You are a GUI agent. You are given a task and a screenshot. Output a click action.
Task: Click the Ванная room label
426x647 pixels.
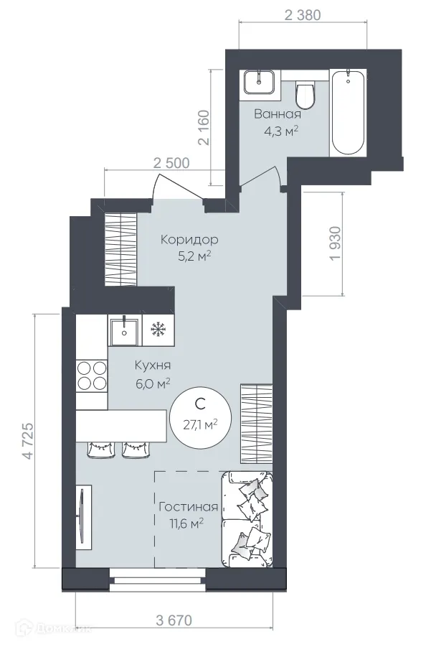[x=278, y=114]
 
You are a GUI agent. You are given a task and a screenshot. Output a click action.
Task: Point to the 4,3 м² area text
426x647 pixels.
[x=281, y=131]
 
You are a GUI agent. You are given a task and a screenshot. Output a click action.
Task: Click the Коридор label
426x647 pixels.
[x=189, y=239]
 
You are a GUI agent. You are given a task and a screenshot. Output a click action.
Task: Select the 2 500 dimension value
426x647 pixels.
[x=171, y=162]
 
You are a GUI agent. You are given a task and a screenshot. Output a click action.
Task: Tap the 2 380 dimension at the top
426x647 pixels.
[x=302, y=14]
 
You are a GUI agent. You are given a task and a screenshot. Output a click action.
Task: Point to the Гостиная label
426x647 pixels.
[x=188, y=507]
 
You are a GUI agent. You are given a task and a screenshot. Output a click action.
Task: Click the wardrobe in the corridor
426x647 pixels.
[x=120, y=249]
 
